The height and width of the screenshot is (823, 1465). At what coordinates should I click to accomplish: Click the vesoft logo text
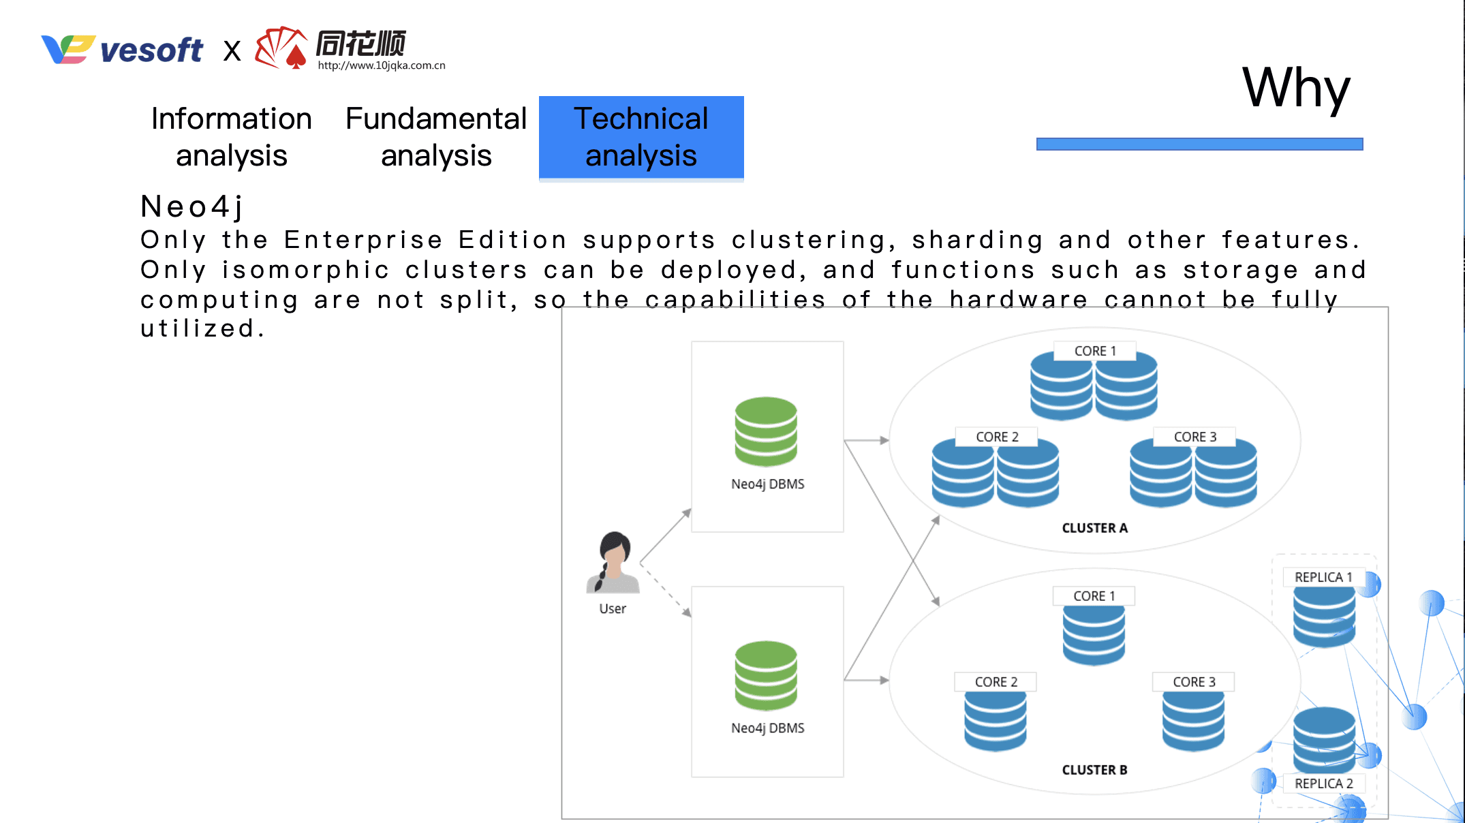pos(151,50)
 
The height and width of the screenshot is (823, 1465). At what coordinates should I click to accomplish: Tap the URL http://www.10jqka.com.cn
pos(381,65)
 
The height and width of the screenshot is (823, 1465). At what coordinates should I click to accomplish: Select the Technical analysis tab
pos(641,137)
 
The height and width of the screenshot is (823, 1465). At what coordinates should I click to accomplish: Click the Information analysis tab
pos(231,137)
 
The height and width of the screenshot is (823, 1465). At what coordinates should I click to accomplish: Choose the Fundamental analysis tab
pos(436,137)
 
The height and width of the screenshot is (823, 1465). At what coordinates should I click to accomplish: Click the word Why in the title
pos(1295,89)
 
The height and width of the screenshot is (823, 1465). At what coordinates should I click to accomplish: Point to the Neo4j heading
pos(192,206)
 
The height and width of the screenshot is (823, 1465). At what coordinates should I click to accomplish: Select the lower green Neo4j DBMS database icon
pos(766,675)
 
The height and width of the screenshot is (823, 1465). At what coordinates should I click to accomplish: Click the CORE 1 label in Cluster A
pos(1094,351)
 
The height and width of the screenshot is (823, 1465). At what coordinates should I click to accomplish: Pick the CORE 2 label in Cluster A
pos(996,437)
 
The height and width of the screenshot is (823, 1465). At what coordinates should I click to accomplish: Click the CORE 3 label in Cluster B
pos(1193,682)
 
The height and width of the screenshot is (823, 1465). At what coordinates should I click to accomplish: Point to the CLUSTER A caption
pos(1094,528)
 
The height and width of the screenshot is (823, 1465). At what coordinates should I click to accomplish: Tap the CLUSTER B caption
pos(1094,770)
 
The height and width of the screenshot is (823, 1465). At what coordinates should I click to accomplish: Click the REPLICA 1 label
pos(1323,577)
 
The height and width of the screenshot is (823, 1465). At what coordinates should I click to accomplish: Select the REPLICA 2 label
pos(1323,783)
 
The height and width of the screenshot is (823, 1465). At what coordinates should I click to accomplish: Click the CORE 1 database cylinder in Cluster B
pos(1094,634)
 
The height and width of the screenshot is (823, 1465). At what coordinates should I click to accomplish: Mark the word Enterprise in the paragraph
pos(363,240)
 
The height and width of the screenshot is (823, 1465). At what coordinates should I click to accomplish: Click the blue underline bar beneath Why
pos(1199,144)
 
